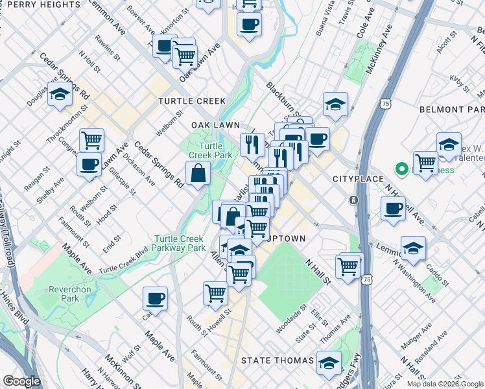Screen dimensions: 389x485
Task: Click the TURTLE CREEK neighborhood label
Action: pyautogui.click(x=193, y=101)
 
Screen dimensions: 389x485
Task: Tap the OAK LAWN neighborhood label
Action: pyautogui.click(x=215, y=125)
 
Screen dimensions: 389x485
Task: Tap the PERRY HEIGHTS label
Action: pyautogui.click(x=40, y=5)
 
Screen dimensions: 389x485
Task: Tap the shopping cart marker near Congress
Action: pyautogui.click(x=92, y=139)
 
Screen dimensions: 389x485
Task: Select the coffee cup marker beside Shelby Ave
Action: pyautogui.click(x=89, y=164)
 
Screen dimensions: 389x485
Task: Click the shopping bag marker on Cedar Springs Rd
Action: pyautogui.click(x=198, y=173)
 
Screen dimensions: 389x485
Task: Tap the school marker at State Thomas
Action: pyautogui.click(x=329, y=362)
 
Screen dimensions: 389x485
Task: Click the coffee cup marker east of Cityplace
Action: pyautogui.click(x=393, y=209)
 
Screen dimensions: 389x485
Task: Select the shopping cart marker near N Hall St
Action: pyautogui.click(x=348, y=265)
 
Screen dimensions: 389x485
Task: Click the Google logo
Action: pyautogui.click(x=21, y=381)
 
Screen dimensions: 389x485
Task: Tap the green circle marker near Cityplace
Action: pyautogui.click(x=401, y=170)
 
